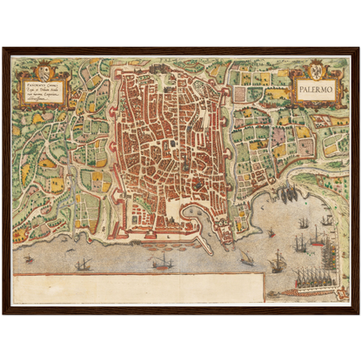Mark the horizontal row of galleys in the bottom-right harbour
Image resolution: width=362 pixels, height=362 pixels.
tap(314, 279)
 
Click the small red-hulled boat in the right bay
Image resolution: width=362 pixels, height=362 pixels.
tap(271, 232)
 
